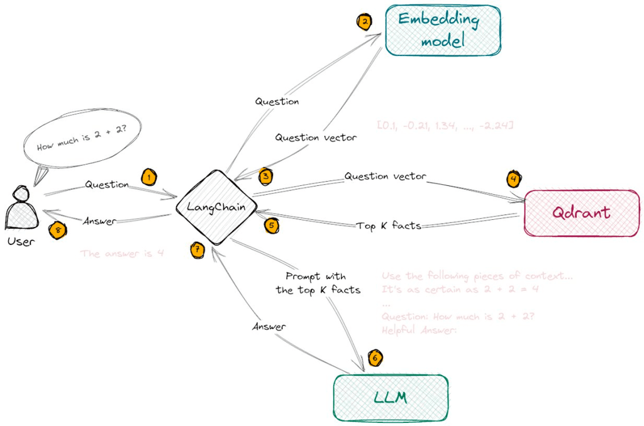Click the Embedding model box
point(443,30)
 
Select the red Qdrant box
point(581,212)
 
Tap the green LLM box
point(391,398)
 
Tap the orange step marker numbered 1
point(148,177)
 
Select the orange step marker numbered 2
point(364,23)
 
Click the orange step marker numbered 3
point(266,177)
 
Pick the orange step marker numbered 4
point(514,180)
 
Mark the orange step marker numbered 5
point(270,224)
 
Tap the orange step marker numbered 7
point(197,249)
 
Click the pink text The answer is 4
point(122,254)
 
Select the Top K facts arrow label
point(388,224)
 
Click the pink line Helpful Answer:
point(418,330)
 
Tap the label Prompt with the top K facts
point(318,283)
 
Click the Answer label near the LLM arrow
point(269,327)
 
